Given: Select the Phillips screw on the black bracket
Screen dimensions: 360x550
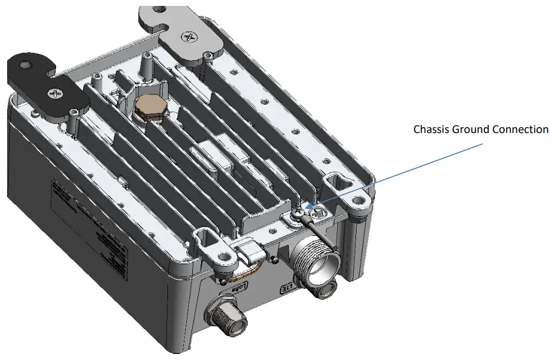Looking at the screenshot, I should [x=56, y=94].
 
